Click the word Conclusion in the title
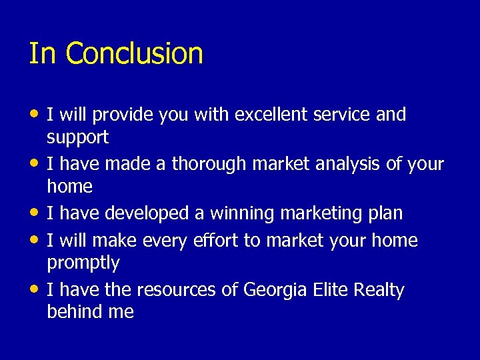134,53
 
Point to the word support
77,138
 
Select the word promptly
83,263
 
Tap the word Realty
379,290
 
